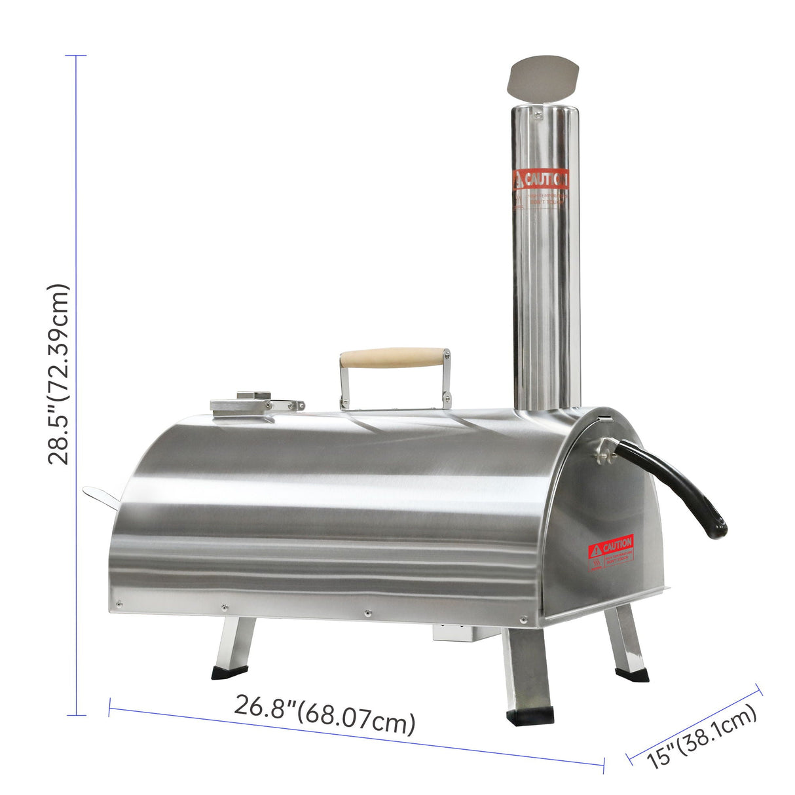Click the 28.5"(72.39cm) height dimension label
point(58,374)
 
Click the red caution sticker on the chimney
point(540,179)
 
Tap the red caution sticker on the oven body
point(610,545)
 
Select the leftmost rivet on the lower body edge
point(119,604)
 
